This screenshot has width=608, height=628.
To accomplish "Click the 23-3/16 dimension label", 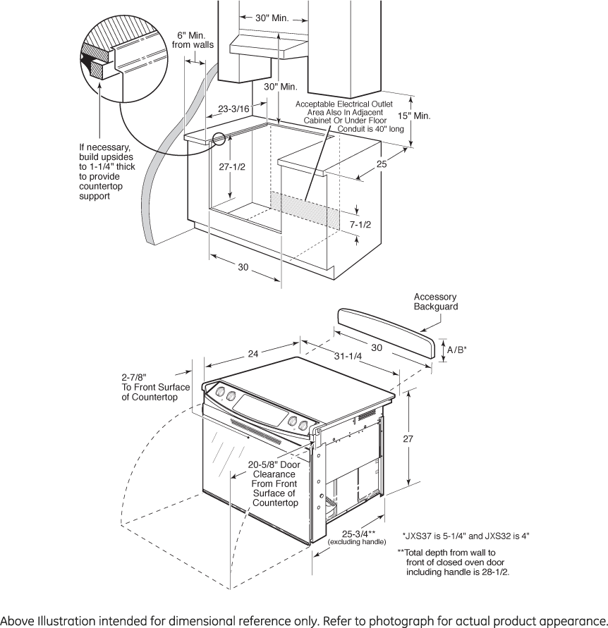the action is pyautogui.click(x=233, y=109).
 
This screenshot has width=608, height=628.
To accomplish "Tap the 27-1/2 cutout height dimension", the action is pyautogui.click(x=231, y=166).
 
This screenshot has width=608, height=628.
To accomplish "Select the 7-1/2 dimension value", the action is pyautogui.click(x=360, y=225).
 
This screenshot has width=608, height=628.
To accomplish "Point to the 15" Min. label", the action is pyautogui.click(x=414, y=116).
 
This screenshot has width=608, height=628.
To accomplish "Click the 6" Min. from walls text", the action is pyautogui.click(x=193, y=40).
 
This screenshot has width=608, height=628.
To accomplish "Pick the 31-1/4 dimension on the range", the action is pyautogui.click(x=348, y=356).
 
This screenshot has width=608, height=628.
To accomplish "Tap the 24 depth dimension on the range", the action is pyautogui.click(x=253, y=354).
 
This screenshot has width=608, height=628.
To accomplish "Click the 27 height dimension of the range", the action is pyautogui.click(x=408, y=438).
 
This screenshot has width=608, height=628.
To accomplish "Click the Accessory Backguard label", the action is pyautogui.click(x=435, y=302).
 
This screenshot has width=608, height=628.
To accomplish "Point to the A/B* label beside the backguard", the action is pyautogui.click(x=457, y=350).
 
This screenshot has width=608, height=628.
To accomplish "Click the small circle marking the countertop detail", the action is pyautogui.click(x=219, y=138).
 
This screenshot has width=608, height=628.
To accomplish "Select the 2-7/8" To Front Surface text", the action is pyautogui.click(x=155, y=387).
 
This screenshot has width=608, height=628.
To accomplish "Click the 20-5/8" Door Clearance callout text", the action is pyautogui.click(x=274, y=484).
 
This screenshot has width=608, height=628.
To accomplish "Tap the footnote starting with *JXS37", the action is pyautogui.click(x=466, y=536).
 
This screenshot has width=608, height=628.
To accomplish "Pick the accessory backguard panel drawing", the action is pyautogui.click(x=387, y=333).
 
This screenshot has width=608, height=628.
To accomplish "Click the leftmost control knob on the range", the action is pyautogui.click(x=220, y=391).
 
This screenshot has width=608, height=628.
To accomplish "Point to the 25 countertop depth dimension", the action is pyautogui.click(x=382, y=164).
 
